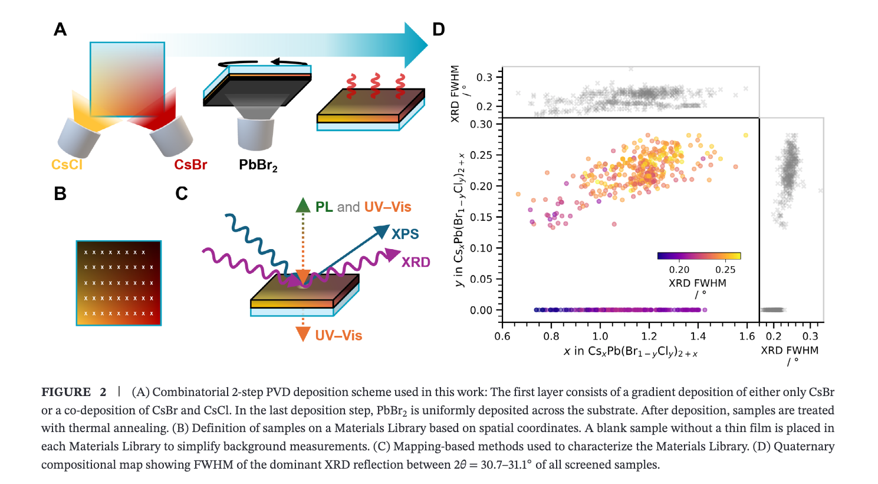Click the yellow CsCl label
67,164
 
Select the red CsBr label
190,164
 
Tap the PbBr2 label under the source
258,165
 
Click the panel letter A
60,30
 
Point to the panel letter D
439,30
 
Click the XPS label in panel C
405,234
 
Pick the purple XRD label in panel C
416,262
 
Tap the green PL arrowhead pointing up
302,205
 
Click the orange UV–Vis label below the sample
338,335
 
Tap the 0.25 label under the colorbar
725,270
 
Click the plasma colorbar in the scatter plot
699,256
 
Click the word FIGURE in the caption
66,392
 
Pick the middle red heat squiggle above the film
375,86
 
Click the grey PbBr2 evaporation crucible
255,134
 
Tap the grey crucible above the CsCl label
78,138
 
